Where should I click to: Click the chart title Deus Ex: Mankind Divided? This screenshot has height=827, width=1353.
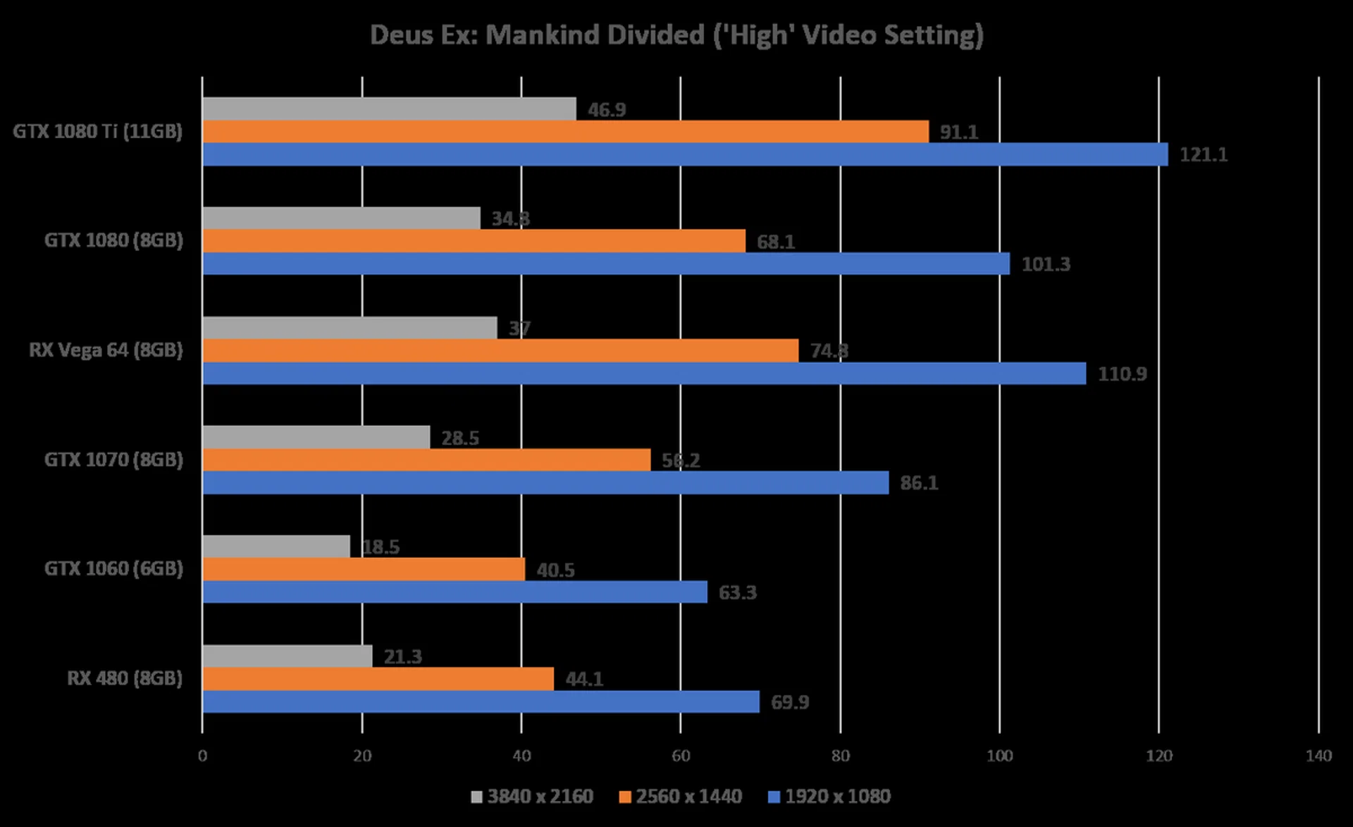[676, 35]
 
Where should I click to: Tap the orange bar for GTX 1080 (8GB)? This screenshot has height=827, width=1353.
[474, 241]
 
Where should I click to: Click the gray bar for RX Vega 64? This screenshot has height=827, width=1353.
[350, 328]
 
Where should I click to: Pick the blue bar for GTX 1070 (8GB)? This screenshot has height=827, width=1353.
[545, 483]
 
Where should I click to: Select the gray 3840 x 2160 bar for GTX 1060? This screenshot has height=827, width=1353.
[276, 546]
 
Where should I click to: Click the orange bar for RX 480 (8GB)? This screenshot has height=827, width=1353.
[378, 679]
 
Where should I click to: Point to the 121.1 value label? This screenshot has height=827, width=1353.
[1204, 154]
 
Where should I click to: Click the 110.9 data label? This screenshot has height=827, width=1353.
[1122, 374]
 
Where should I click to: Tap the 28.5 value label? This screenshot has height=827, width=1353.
[460, 438]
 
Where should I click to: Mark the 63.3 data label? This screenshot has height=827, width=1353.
[737, 592]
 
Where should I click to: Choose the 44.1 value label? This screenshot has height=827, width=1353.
[584, 679]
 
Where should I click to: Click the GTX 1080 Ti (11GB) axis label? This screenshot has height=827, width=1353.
[98, 132]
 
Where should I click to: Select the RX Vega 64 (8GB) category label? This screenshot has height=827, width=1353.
[106, 350]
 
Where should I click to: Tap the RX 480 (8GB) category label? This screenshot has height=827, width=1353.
[125, 678]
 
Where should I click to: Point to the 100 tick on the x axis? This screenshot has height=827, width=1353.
[999, 756]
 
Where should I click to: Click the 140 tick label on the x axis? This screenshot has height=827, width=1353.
[1318, 756]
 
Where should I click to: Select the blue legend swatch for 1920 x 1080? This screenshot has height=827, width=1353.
[774, 797]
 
